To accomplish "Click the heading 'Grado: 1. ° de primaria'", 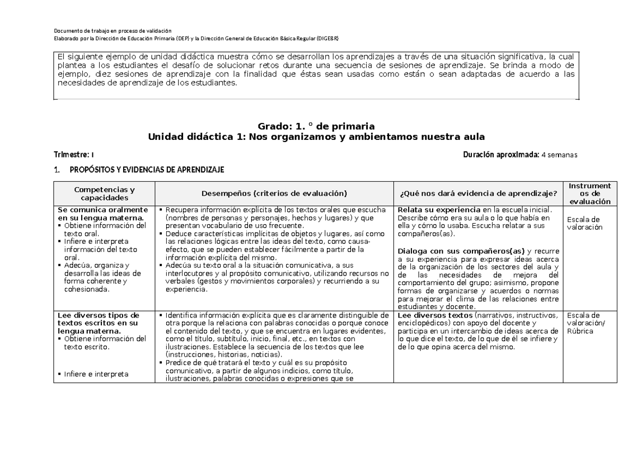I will [x=316, y=126].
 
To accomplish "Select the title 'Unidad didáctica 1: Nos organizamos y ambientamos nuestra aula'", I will [x=316, y=137].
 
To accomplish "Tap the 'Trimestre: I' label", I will [x=74, y=155].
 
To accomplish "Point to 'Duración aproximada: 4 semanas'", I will [x=520, y=155].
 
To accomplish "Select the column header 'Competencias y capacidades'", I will [x=104, y=193].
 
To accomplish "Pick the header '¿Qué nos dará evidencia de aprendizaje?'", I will [x=477, y=193].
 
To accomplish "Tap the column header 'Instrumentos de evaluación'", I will [x=590, y=193].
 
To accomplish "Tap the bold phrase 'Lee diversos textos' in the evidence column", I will [x=432, y=315].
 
